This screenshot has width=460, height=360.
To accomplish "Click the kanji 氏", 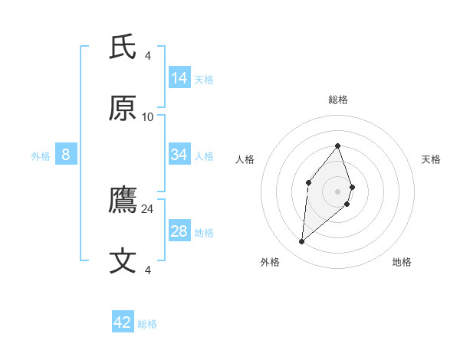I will point(123,48).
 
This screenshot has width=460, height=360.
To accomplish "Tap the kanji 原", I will point(123,109).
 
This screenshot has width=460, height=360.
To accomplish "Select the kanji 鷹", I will point(123,201).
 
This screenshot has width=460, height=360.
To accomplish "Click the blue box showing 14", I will point(179,78).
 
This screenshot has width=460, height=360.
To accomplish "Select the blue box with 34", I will point(179,155).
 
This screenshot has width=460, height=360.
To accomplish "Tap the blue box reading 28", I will point(179,231).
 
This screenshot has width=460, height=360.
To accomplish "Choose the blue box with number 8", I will point(66,155).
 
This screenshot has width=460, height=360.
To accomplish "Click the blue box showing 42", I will point(123,322).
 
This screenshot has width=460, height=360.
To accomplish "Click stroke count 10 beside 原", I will point(147,116).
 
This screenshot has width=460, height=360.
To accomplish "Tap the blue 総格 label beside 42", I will point(147,324).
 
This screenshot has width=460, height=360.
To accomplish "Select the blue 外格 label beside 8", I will point(41,156).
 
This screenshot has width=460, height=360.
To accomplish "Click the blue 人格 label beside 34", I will point(204,156).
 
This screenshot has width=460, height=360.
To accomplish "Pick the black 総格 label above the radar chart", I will point(337,100).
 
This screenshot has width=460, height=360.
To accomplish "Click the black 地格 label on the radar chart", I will point(402,262).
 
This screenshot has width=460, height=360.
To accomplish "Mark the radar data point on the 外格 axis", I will point(302,242).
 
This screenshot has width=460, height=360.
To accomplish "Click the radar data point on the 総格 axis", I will point(337,146).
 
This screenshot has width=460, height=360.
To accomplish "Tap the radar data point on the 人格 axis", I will point(308,182).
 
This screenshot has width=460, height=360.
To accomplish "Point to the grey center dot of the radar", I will point(337,191).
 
